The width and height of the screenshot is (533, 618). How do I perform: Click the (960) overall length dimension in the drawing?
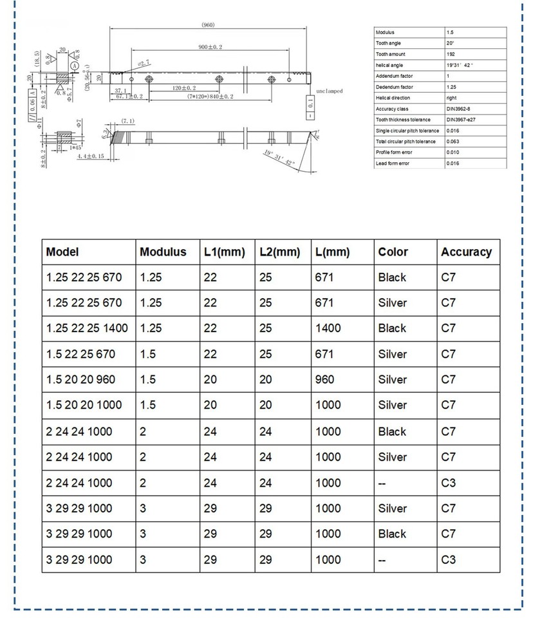[207, 25]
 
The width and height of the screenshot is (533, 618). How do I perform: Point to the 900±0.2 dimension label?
[215, 48]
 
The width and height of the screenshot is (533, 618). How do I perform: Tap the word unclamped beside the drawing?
[329, 91]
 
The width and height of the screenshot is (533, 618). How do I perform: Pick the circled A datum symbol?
[75, 66]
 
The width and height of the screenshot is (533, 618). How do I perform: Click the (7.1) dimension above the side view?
[127, 121]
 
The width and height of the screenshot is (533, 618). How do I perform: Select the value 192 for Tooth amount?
[451, 54]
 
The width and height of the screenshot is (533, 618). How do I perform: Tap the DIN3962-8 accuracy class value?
[458, 109]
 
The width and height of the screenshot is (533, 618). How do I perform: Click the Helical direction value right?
[451, 98]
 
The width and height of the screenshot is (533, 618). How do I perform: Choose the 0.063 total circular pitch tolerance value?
[453, 142]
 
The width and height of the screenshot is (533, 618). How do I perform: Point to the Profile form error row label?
[394, 153]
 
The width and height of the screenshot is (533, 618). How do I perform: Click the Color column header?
[393, 252]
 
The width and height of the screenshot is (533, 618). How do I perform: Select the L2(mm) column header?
[280, 252]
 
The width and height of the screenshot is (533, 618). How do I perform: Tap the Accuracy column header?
[466, 252]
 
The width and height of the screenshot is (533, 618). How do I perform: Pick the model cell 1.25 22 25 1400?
[87, 328]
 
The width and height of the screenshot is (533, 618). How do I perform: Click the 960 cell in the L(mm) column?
[324, 380]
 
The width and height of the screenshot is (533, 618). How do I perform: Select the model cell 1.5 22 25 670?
[81, 354]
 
